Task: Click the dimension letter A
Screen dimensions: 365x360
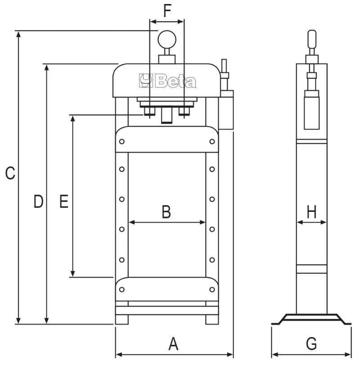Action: point(173,344)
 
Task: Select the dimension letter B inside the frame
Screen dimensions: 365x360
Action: point(166,211)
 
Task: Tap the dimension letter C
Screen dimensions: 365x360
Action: point(10,173)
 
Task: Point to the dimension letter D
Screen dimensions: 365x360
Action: point(38,202)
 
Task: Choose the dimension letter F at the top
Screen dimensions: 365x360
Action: point(167,11)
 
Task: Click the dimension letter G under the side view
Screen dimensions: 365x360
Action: point(311,344)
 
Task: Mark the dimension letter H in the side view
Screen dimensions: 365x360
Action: point(311,211)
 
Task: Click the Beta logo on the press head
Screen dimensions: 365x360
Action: point(167,81)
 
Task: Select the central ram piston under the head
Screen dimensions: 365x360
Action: point(166,116)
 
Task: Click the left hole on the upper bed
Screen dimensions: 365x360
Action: point(122,142)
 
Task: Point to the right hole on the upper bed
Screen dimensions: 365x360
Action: point(212,142)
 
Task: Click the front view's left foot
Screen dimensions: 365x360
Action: point(121,319)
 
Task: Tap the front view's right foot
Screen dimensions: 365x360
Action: point(212,319)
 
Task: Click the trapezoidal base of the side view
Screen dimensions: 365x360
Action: point(311,319)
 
